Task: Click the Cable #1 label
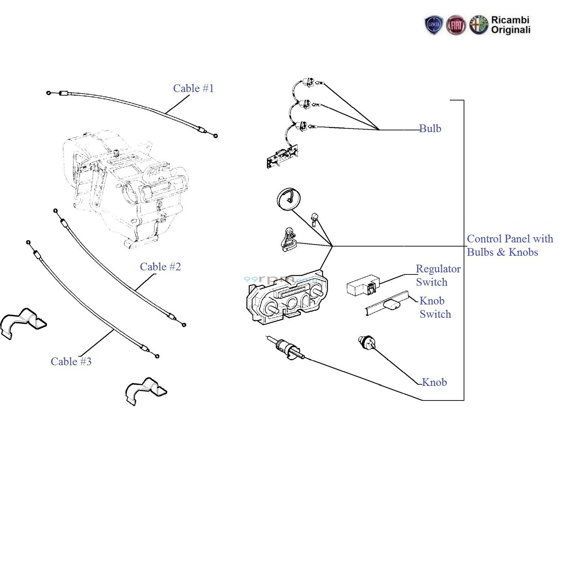click(193, 88)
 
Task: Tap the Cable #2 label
click(161, 266)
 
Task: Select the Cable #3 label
click(71, 361)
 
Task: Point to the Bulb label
click(430, 128)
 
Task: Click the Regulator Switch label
click(438, 275)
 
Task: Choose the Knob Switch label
click(435, 307)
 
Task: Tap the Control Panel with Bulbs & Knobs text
click(510, 245)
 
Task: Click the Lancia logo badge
click(434, 25)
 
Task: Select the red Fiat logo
click(456, 25)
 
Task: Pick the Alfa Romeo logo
click(479, 25)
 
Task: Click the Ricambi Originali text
click(511, 25)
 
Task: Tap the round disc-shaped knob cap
click(288, 199)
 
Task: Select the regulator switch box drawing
click(363, 285)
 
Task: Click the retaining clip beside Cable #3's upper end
click(23, 323)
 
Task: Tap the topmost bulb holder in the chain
click(308, 82)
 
